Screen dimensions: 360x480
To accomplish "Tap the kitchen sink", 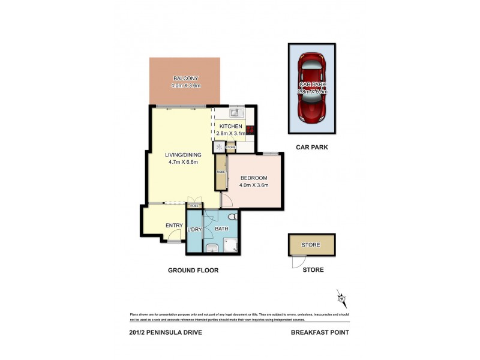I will click(236, 112).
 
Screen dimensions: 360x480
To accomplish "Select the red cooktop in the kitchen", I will click(250, 128).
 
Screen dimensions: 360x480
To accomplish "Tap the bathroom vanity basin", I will click(211, 248).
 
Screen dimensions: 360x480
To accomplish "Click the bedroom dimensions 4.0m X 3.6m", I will click(254, 185).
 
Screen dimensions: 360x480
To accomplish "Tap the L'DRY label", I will click(194, 229).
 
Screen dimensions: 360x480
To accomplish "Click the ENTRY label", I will click(174, 225).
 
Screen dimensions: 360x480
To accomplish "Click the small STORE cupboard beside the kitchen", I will click(230, 147).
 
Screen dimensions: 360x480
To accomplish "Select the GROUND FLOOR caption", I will click(193, 270).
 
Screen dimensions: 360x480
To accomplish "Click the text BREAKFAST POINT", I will click(319, 332).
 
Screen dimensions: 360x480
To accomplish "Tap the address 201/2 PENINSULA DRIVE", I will click(166, 332).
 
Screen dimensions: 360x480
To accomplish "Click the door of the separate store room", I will click(296, 262).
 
